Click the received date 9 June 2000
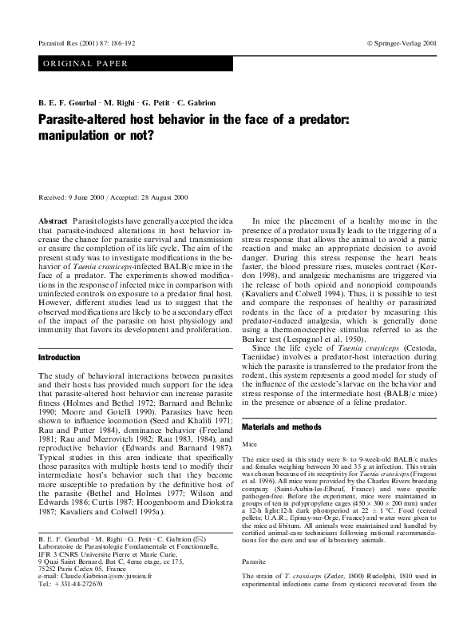coord(87,196)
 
